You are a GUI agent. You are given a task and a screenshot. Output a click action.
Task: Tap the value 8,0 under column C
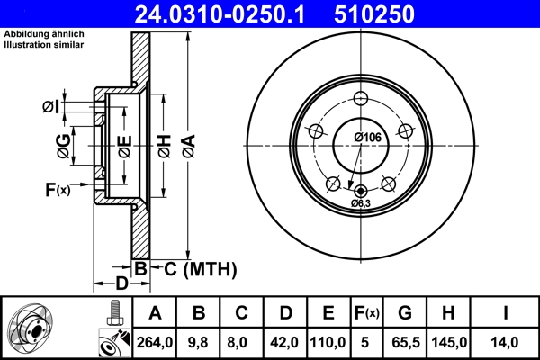242,342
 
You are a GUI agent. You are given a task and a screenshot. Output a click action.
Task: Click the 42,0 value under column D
285,342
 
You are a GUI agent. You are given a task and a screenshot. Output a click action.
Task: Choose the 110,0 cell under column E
328,342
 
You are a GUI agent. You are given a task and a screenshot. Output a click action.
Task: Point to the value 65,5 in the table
405,342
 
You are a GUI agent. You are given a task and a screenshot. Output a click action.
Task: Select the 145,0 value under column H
448,342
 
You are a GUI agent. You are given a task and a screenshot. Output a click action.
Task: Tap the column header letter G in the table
405,313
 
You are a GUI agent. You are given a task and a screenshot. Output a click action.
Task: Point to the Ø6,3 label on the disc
361,204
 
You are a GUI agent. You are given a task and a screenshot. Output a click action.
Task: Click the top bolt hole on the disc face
362,99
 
